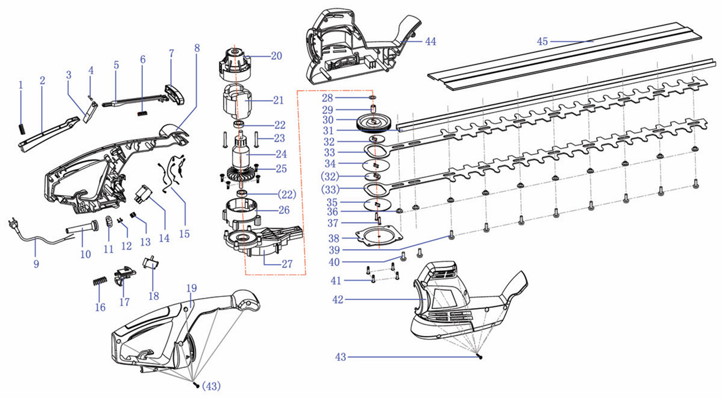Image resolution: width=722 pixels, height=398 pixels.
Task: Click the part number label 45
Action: [543, 41]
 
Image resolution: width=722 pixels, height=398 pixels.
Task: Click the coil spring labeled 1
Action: [21, 129]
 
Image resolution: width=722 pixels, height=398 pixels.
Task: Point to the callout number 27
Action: [287, 264]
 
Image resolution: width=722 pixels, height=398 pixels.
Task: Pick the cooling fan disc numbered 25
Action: [240, 174]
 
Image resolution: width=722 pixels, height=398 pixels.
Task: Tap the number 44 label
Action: [431, 41]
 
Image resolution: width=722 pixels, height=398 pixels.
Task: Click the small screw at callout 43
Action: [481, 356]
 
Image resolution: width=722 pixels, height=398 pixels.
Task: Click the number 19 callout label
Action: [192, 288]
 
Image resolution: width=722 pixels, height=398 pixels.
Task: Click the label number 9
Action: [36, 264]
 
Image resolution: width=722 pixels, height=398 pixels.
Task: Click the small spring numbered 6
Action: [142, 112]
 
